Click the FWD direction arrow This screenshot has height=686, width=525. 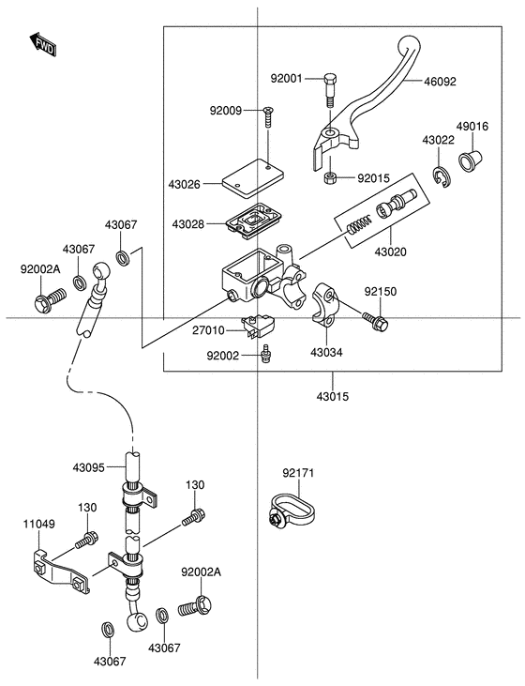pyautogui.click(x=43, y=45)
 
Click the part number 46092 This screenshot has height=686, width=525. pyautogui.click(x=440, y=82)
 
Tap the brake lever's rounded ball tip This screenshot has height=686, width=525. pyautogui.click(x=409, y=45)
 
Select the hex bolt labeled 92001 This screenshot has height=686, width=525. pyautogui.click(x=331, y=91)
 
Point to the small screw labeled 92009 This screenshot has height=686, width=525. pyautogui.click(x=267, y=117)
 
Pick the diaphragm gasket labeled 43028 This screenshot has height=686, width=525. pyautogui.click(x=253, y=220)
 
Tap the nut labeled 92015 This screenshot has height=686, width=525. pyautogui.click(x=331, y=178)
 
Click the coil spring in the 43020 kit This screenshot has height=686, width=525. pyautogui.click(x=358, y=225)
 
